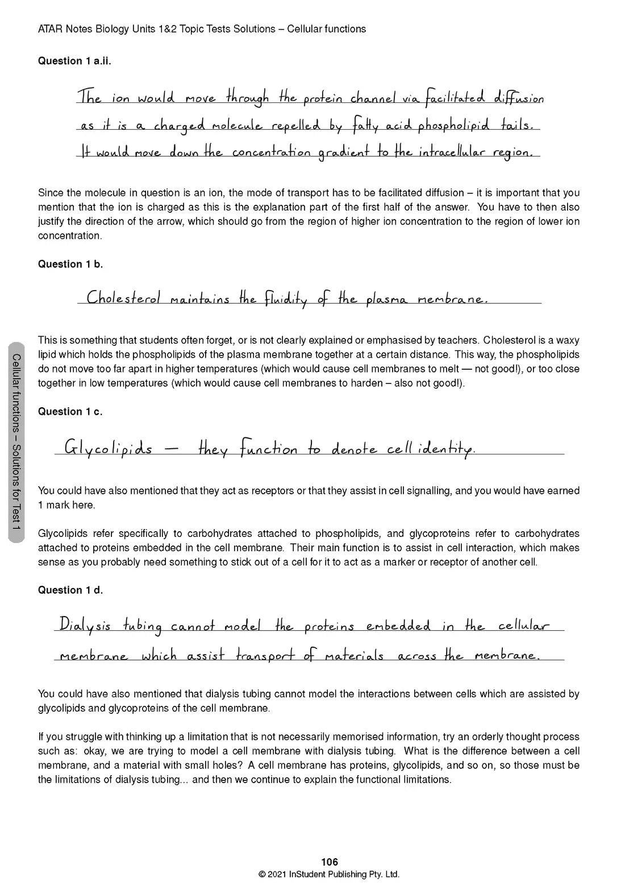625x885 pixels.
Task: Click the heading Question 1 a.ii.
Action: click(74, 61)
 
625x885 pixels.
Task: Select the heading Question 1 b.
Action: click(70, 264)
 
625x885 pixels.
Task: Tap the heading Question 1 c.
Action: click(70, 412)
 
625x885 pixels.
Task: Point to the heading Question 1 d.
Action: click(70, 590)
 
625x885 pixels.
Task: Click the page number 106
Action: click(330, 862)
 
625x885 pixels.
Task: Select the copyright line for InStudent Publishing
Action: click(329, 875)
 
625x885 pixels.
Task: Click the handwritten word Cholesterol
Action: click(123, 298)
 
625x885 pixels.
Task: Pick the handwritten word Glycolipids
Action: click(108, 449)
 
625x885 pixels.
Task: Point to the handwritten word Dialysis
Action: click(85, 626)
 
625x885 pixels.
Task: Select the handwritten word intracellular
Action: click(460, 152)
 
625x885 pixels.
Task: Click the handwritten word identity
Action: click(447, 450)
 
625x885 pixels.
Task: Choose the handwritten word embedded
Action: click(398, 626)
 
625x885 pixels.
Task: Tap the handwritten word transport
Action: click(265, 656)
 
